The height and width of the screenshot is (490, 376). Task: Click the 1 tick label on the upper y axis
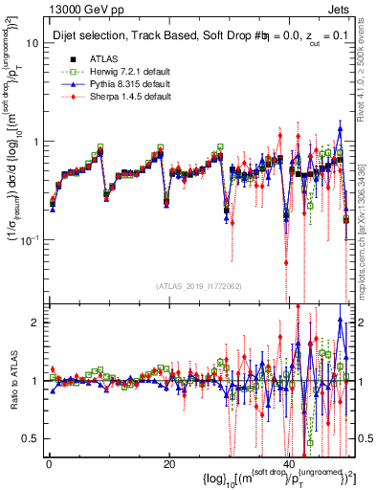(x=38, y=142)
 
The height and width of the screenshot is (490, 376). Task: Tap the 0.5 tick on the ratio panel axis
(x=33, y=438)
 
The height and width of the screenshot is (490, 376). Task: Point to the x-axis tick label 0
(x=48, y=464)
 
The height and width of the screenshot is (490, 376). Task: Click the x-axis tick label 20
(x=168, y=464)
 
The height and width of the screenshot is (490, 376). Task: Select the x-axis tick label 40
(x=289, y=464)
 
